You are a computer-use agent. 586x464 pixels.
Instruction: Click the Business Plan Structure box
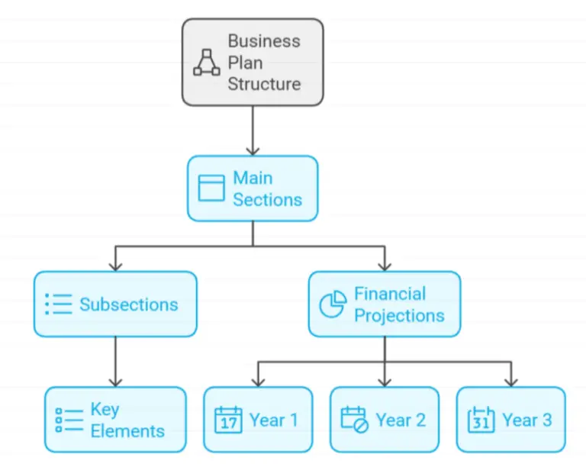[252, 62]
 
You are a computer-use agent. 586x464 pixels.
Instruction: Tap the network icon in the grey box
[207, 63]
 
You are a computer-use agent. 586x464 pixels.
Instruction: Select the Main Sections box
[252, 188]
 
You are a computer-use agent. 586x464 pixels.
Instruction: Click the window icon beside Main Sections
[211, 188]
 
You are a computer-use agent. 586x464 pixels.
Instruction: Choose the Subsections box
[115, 304]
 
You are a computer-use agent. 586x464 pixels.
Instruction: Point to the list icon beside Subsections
[58, 304]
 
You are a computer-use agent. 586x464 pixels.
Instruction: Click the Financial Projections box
[385, 304]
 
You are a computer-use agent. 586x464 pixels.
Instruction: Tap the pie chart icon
[333, 304]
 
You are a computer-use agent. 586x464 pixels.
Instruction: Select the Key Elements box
[115, 420]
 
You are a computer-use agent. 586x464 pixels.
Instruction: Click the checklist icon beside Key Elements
[69, 420]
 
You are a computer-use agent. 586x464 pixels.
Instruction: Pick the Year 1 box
[258, 420]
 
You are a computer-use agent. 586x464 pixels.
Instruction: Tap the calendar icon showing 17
[228, 420]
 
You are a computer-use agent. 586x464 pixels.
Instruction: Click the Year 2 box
[385, 420]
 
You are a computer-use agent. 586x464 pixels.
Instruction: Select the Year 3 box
[511, 420]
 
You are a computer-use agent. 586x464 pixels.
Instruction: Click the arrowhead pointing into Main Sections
[253, 150]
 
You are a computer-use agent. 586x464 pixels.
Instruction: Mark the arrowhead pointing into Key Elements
[115, 381]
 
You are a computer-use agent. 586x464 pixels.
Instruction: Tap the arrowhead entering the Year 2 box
[385, 381]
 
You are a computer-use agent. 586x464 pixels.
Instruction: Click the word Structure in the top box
[264, 83]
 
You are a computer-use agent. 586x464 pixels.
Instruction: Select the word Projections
[399, 315]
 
